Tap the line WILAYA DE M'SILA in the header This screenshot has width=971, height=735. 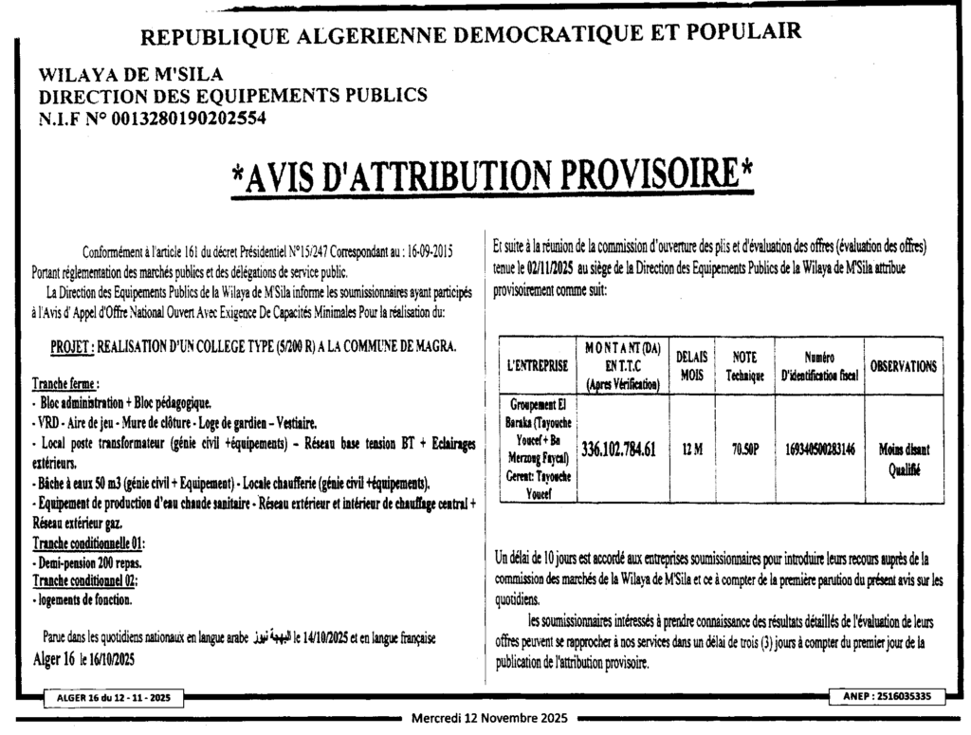[131, 75]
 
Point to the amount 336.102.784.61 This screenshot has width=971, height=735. [618, 450]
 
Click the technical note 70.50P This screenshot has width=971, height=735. [744, 450]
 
